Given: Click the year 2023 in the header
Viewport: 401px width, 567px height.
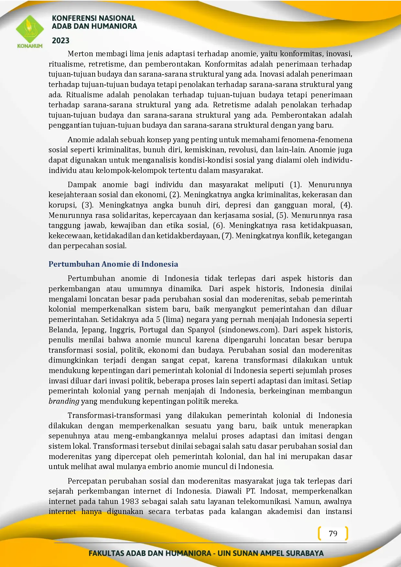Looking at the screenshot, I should click(x=61, y=41).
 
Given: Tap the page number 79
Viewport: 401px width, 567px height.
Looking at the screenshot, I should click(x=333, y=533).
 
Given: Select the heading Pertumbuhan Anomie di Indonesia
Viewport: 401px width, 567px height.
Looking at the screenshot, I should click(x=113, y=264).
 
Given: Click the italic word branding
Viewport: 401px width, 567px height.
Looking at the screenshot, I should click(x=64, y=401).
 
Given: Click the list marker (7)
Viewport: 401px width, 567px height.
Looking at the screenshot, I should click(x=227, y=236).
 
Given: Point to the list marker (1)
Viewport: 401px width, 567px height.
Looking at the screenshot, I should click(x=295, y=185).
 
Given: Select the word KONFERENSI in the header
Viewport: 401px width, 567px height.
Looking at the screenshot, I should click(x=72, y=18).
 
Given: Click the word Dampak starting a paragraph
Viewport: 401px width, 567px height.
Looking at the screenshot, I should click(x=82, y=185).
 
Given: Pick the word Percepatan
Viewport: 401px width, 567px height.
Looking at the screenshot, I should click(x=87, y=481).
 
